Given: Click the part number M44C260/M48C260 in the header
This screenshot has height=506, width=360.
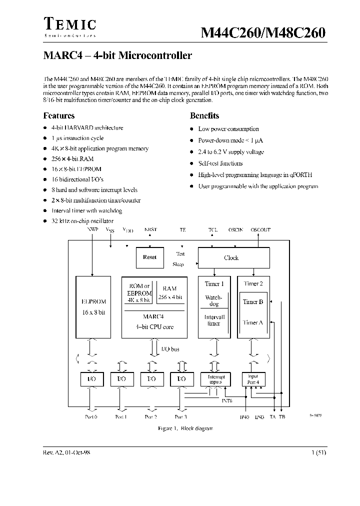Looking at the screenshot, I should pos(263,32).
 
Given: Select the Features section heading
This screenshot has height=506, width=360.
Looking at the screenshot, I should pos(59,115).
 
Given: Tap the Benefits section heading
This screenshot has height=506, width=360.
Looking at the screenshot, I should pos(204,115).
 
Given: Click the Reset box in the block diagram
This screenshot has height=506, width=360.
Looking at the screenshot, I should pos(149,257).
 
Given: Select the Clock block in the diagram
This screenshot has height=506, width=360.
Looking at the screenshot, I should pos(231,258).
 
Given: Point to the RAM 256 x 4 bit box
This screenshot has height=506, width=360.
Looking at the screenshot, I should pos(169,292).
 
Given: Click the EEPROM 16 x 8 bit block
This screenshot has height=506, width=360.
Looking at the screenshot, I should pos(93,307).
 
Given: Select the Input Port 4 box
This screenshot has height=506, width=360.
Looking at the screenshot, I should pos(253,379).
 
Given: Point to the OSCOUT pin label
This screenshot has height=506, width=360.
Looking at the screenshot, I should pos(260,230).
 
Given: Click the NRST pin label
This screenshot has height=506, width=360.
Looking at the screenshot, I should pos(150,230).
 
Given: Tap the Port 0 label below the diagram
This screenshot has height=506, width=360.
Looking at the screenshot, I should pos(92,416).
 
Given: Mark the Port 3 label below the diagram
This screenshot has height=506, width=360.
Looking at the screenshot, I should pos(180,416).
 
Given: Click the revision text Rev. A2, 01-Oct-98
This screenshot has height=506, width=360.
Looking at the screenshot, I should pos(67,452).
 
